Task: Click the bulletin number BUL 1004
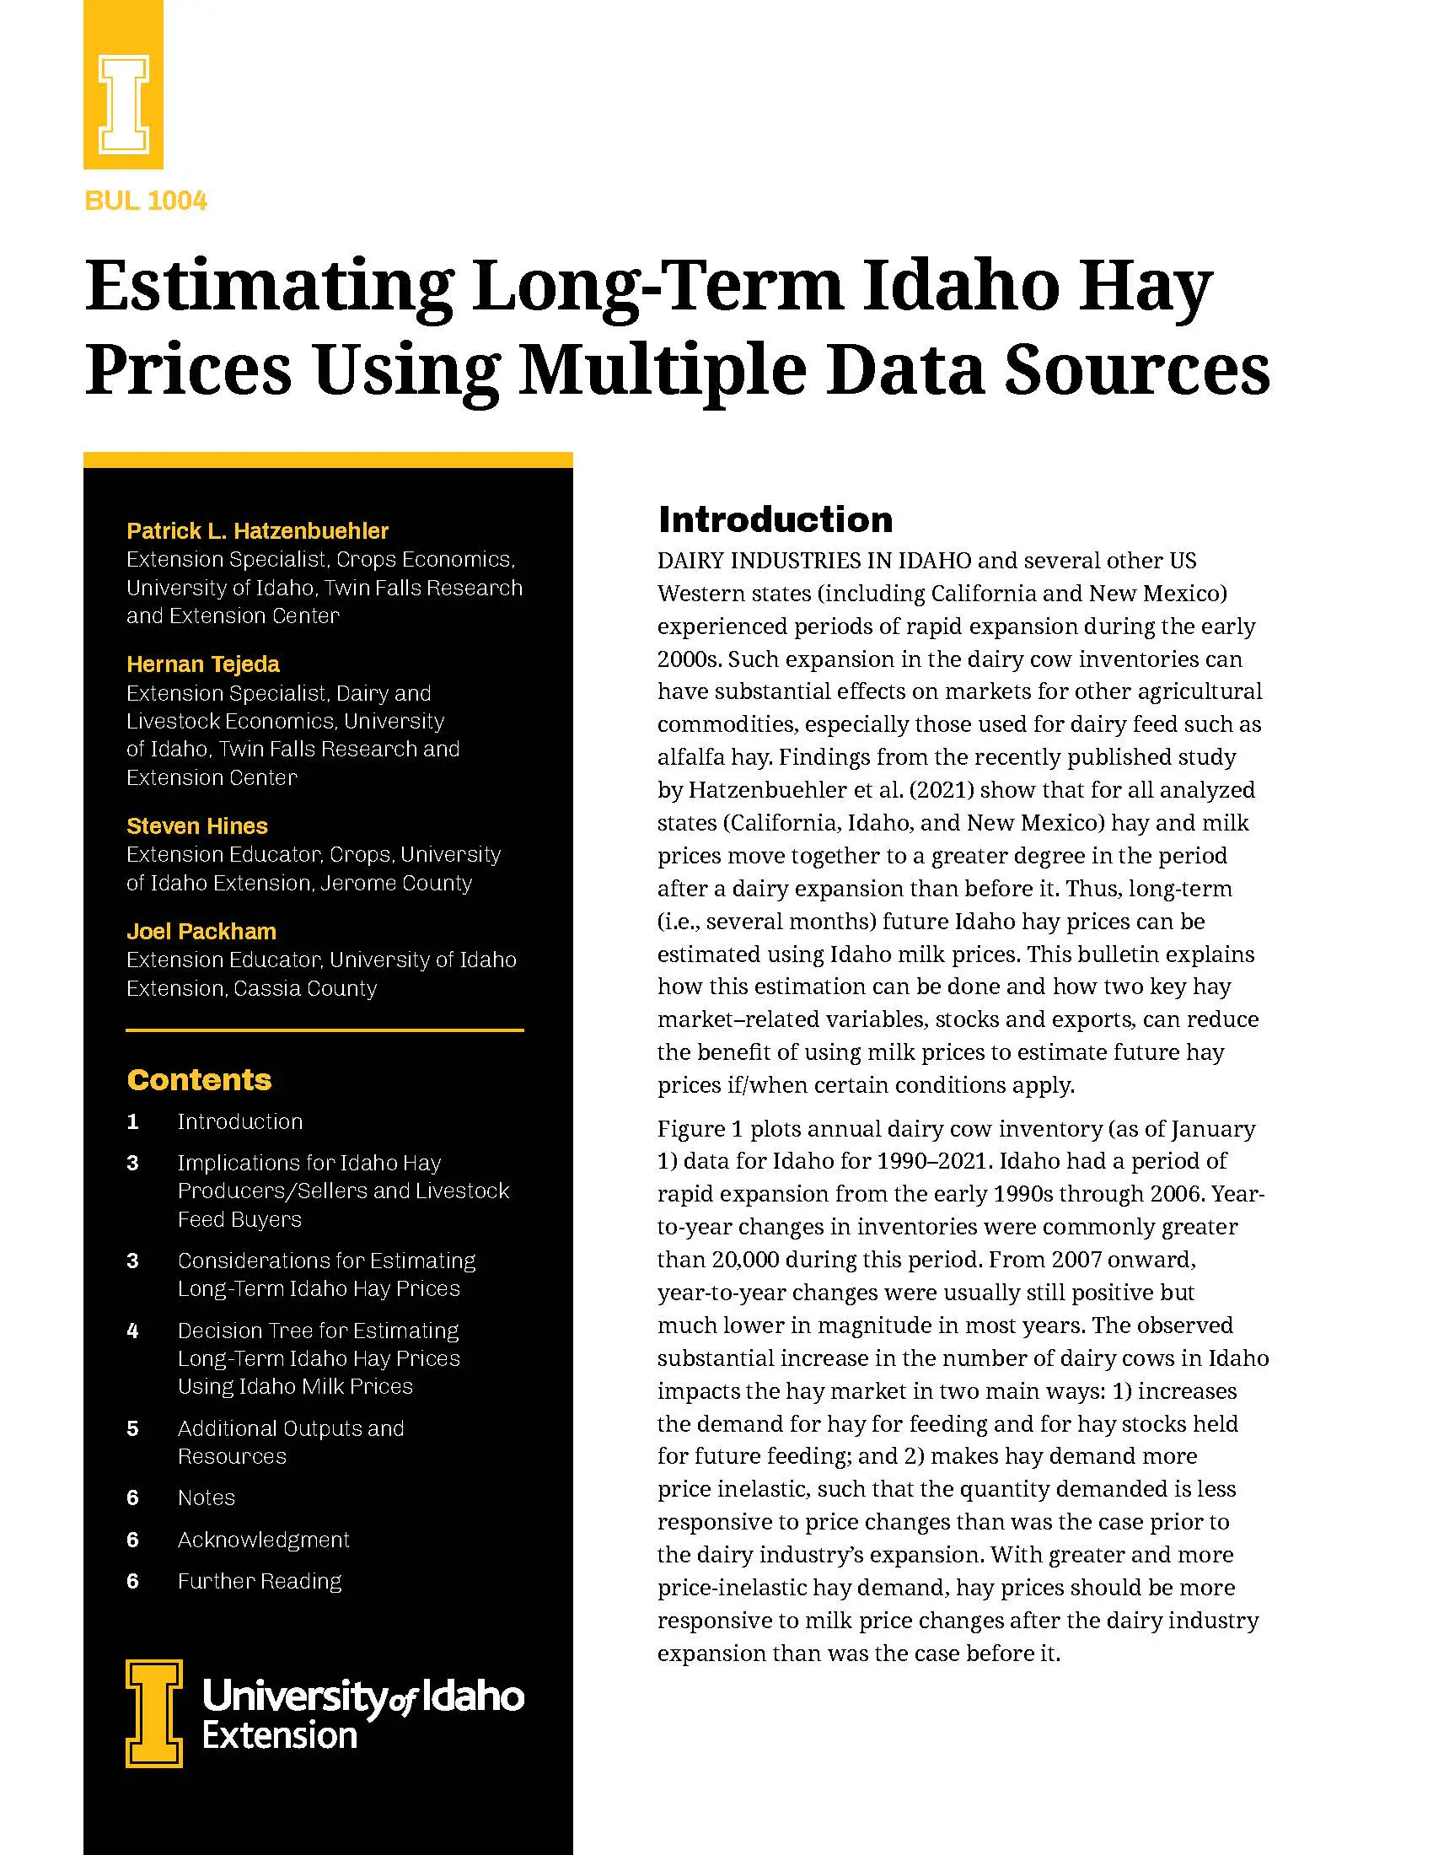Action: pyautogui.click(x=146, y=202)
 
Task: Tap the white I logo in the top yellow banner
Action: pyautogui.click(x=124, y=104)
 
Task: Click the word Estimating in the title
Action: pyautogui.click(x=269, y=288)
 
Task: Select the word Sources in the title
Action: pyautogui.click(x=1137, y=370)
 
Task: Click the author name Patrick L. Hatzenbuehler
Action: pyautogui.click(x=257, y=531)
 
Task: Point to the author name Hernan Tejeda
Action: pyautogui.click(x=203, y=664)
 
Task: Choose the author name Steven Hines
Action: pyautogui.click(x=197, y=826)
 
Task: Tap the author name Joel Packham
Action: pyautogui.click(x=201, y=932)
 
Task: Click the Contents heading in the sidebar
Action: pyautogui.click(x=200, y=1079)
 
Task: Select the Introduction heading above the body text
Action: pyautogui.click(x=775, y=519)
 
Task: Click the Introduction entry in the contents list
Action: pyautogui.click(x=240, y=1122)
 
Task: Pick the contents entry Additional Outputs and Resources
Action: pyautogui.click(x=290, y=1442)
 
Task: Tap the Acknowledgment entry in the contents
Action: pyautogui.click(x=263, y=1540)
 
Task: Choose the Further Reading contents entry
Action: pyautogui.click(x=260, y=1582)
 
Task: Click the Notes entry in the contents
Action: pyautogui.click(x=207, y=1498)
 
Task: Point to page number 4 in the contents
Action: pyautogui.click(x=132, y=1331)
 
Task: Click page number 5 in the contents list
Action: pyautogui.click(x=132, y=1428)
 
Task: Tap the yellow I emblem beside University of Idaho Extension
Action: pyautogui.click(x=154, y=1713)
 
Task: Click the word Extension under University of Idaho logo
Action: pyautogui.click(x=279, y=1736)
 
